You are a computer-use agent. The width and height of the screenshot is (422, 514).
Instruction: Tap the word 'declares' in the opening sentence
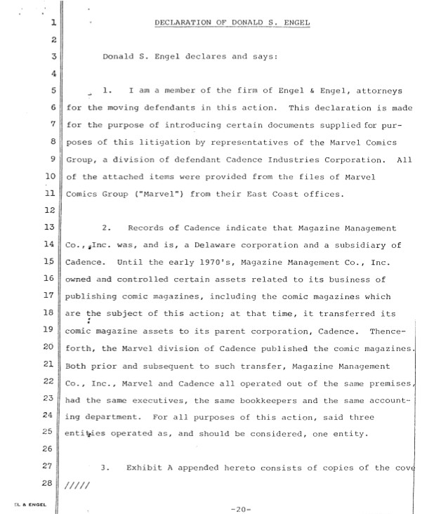point(189,57)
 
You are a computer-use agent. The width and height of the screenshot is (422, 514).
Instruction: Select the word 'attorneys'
point(384,91)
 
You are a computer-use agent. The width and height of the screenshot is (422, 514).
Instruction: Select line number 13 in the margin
point(48,228)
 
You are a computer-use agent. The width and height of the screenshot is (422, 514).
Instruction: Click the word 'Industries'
point(296,159)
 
